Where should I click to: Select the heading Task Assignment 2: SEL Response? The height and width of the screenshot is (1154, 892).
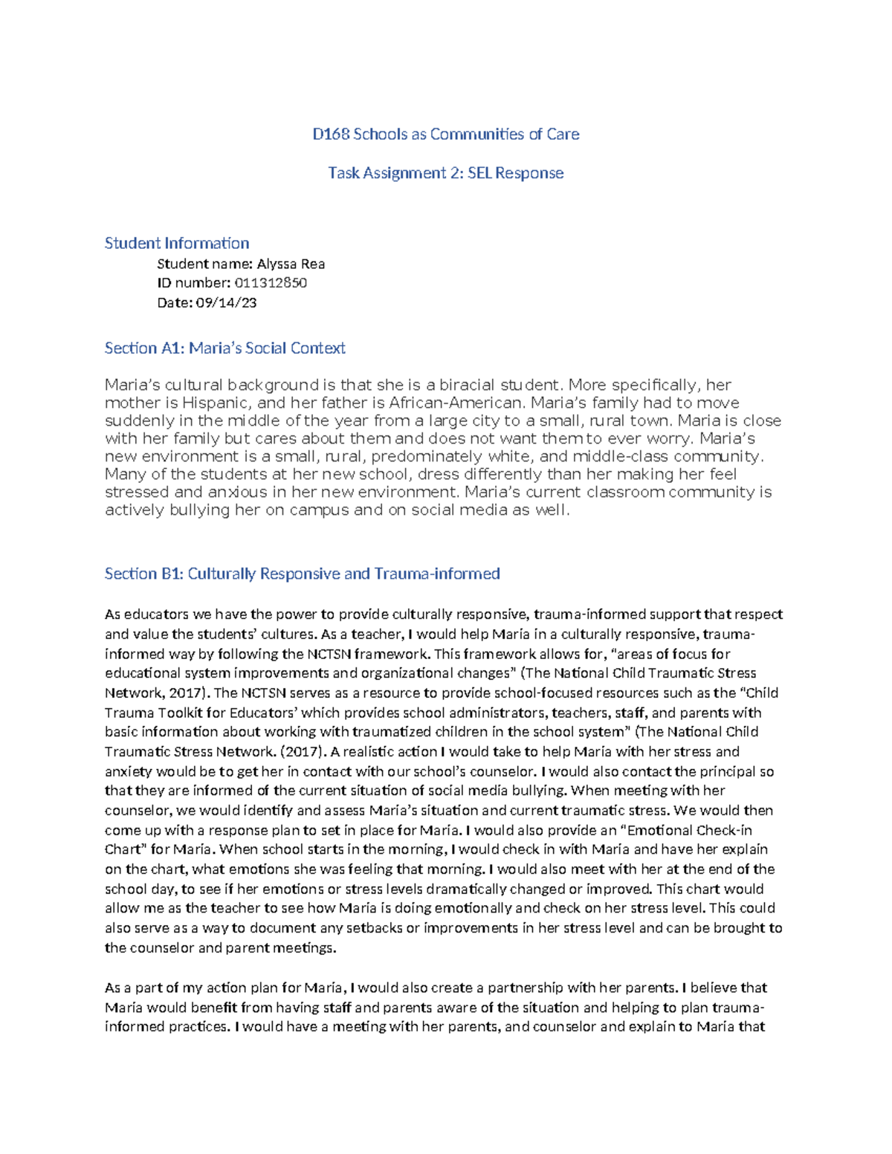click(x=446, y=173)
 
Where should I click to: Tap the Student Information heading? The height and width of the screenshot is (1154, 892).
click(x=177, y=243)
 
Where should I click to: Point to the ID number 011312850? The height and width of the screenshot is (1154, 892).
click(x=271, y=283)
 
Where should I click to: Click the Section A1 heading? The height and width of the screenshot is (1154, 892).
click(x=224, y=348)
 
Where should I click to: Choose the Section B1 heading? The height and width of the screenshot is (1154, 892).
click(x=302, y=574)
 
